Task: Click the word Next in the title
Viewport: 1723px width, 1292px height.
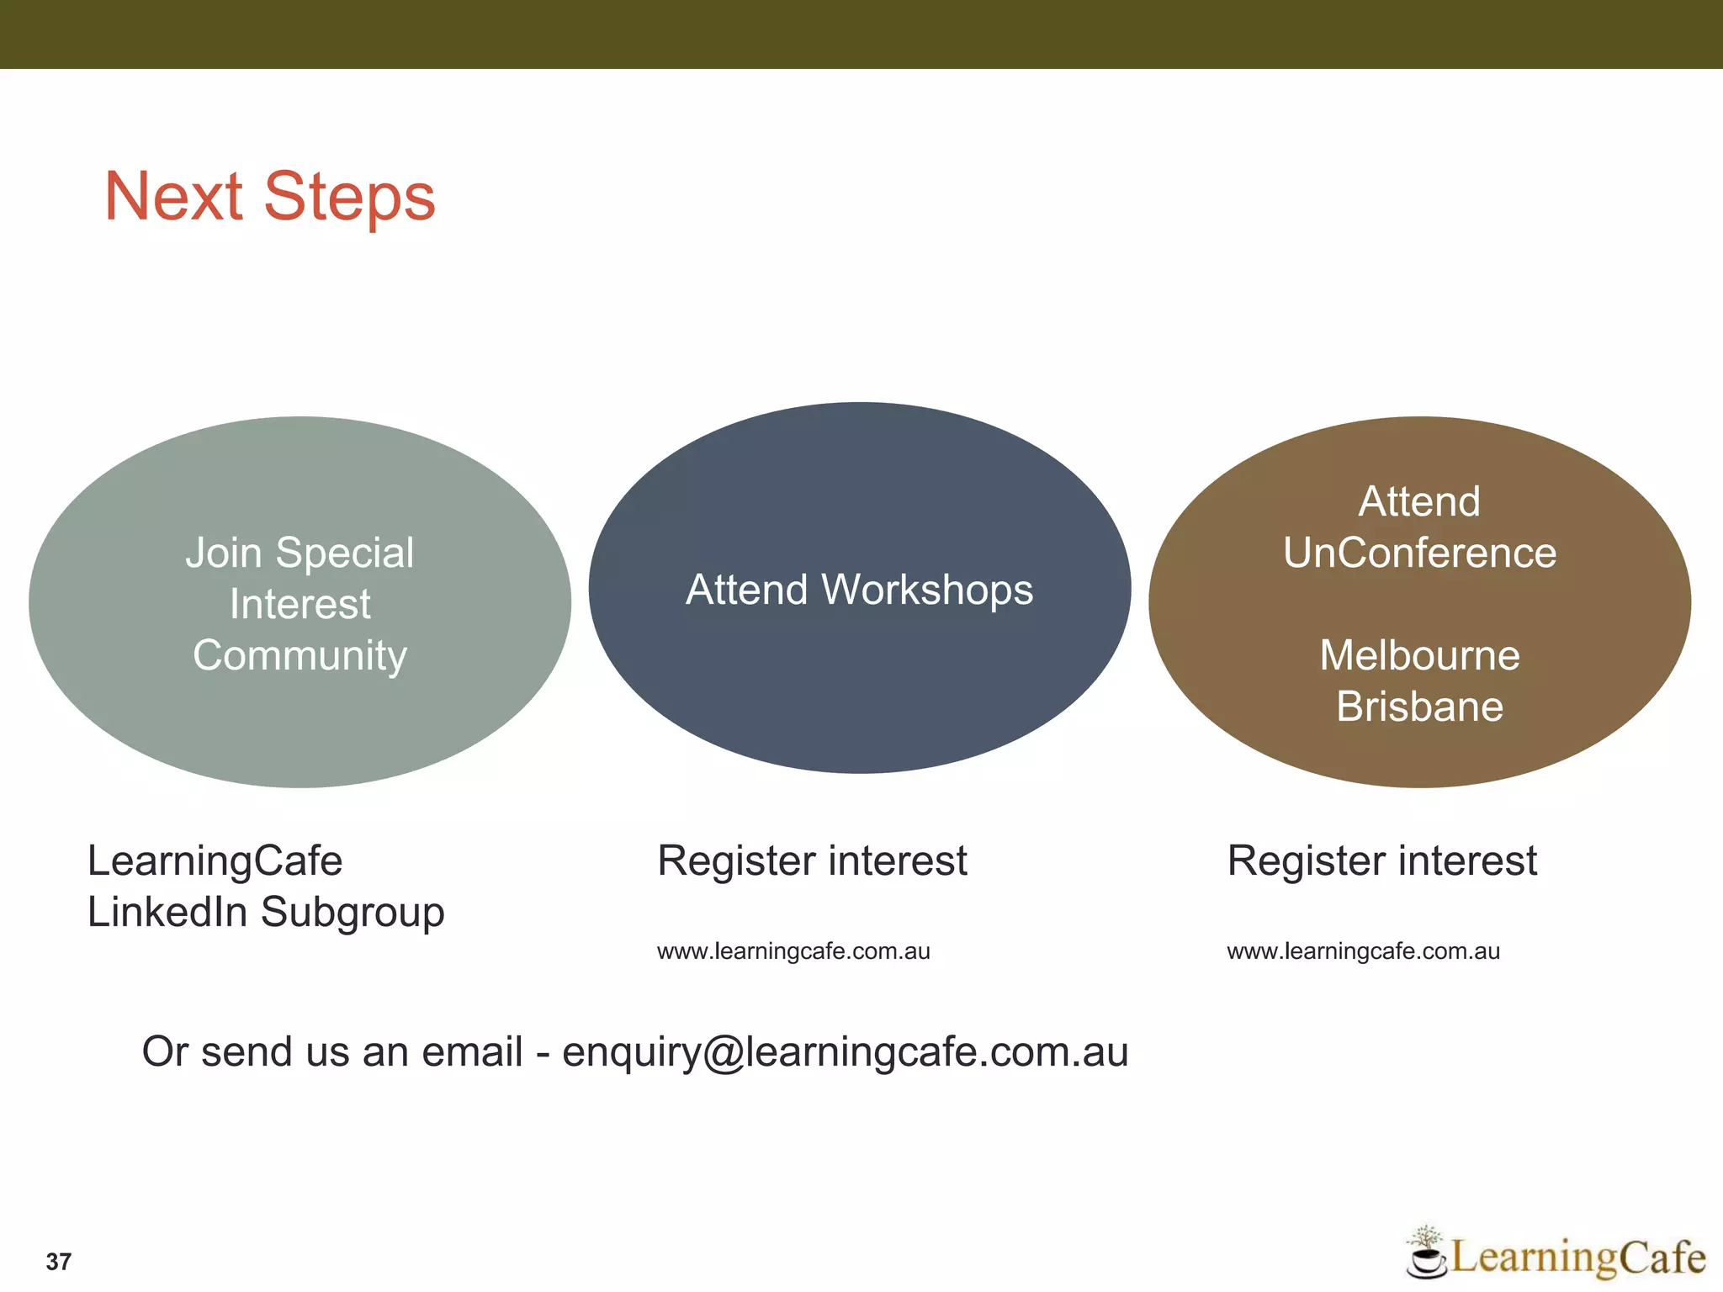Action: pos(173,197)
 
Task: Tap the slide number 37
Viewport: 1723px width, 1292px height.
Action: pos(58,1261)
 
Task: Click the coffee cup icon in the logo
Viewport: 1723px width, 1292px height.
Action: pos(1425,1258)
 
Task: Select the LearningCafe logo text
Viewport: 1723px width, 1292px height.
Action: pos(1577,1257)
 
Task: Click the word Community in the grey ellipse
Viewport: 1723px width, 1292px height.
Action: pos(300,656)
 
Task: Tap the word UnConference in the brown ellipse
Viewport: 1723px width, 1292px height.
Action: pos(1419,553)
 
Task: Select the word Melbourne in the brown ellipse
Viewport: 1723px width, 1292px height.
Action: pos(1419,655)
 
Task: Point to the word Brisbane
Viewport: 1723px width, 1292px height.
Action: pos(1419,707)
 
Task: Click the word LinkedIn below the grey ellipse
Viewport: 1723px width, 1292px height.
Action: pos(167,913)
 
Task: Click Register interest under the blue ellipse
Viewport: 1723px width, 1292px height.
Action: pos(812,861)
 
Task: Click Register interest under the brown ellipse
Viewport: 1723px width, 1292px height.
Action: pos(1381,861)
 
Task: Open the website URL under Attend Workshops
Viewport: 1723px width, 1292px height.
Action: pos(793,951)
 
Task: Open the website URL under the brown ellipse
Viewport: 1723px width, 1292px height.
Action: pos(1363,951)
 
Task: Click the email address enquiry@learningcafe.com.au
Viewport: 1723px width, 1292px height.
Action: pos(845,1052)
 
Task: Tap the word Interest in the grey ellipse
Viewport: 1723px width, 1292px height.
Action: pos(300,605)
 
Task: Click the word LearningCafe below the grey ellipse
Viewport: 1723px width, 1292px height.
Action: pos(215,861)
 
